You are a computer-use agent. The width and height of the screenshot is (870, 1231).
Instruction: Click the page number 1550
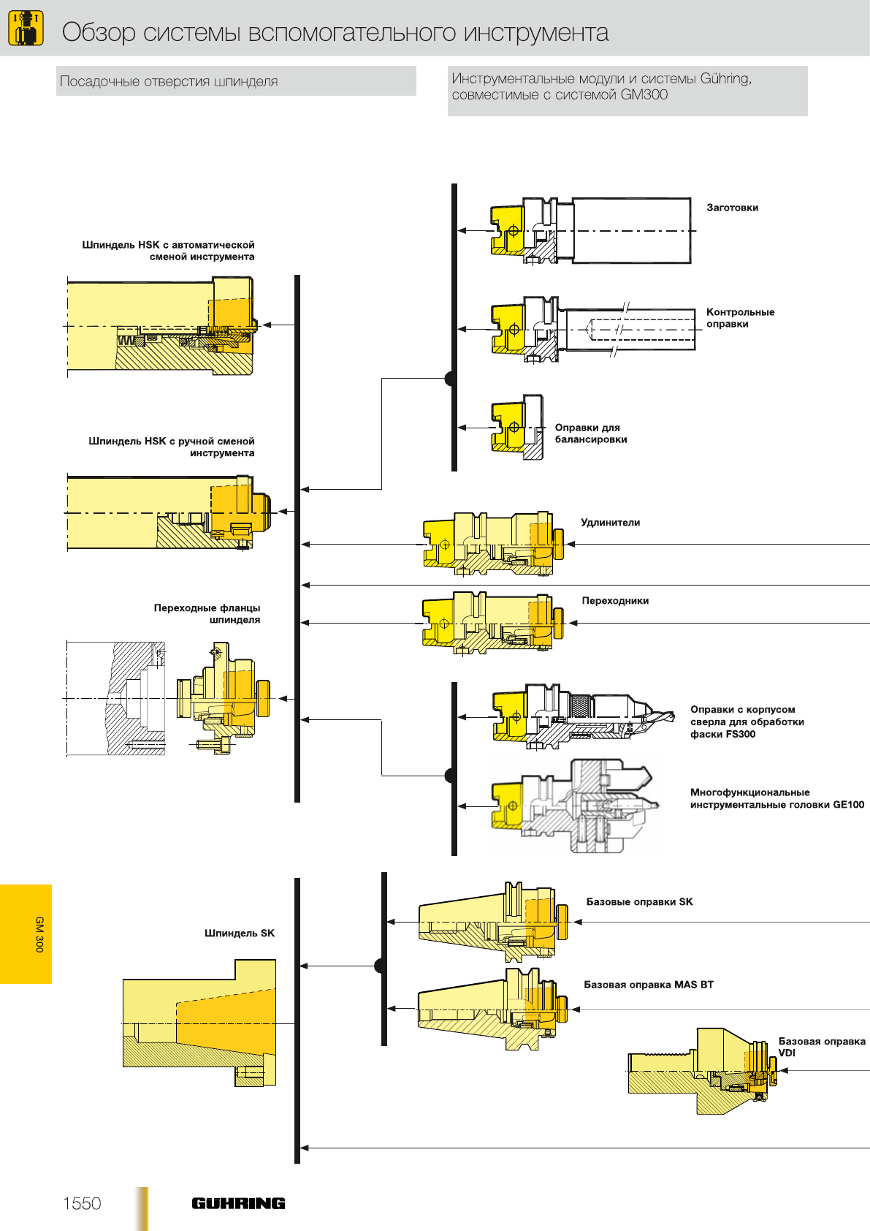pos(82,1203)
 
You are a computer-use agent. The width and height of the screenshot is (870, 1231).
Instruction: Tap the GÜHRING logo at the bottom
pos(238,1203)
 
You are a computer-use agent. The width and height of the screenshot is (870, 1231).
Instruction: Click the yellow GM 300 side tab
pos(26,933)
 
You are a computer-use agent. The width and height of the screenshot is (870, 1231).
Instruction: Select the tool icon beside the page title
pos(26,29)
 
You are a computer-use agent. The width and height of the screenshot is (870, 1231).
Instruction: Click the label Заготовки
pos(732,208)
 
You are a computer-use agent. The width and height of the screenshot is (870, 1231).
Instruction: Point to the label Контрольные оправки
pos(739,318)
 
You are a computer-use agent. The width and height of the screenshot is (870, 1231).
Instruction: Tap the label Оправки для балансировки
pos(590,433)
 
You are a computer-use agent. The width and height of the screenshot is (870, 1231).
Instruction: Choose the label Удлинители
pos(610,523)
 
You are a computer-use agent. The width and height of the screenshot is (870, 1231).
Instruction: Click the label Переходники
pos(615,601)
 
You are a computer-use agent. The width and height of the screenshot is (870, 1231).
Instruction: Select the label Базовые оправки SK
pos(639,902)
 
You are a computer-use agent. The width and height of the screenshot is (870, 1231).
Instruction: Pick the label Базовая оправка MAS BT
pos(648,985)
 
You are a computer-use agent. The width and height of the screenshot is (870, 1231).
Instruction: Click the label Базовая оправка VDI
pos(821,1047)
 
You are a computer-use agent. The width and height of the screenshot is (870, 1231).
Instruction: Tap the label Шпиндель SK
pos(240,933)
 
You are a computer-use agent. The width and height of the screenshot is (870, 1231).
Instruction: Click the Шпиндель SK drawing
pos(199,1023)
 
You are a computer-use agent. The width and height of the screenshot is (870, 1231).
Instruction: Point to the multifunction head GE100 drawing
pos(577,806)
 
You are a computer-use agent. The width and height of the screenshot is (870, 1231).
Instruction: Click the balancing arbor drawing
pos(516,427)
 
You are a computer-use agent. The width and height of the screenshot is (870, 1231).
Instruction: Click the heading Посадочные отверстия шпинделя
pos(169,81)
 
